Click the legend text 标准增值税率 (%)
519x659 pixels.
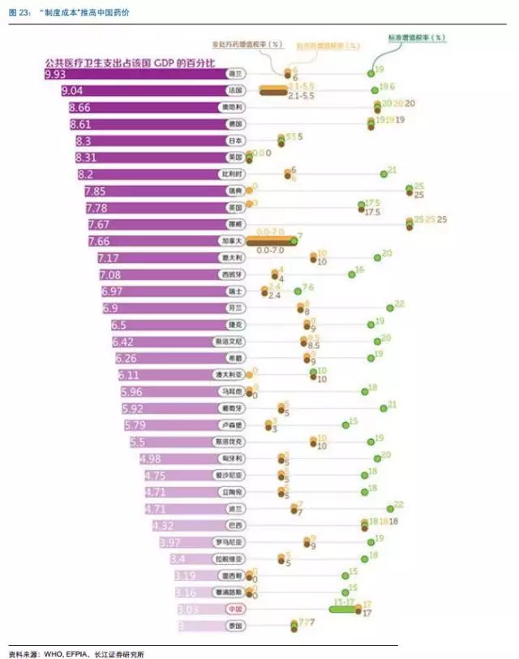[417, 37]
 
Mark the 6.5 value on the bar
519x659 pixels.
[118, 325]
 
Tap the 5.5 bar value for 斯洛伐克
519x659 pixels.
[137, 441]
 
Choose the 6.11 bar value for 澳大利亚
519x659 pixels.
[131, 375]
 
